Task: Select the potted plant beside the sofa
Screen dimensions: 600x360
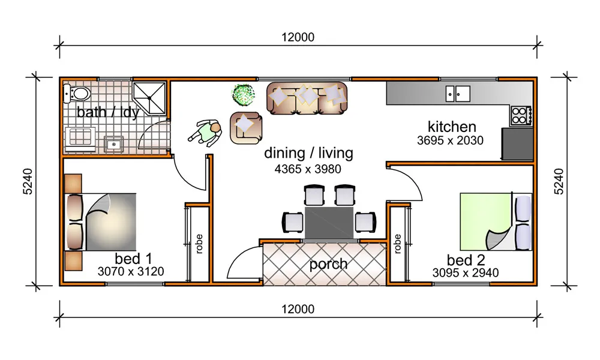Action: click(243, 94)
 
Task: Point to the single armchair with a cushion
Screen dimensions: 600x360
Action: click(245, 127)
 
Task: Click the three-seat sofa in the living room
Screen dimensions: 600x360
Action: click(307, 97)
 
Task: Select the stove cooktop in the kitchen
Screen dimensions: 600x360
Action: click(520, 115)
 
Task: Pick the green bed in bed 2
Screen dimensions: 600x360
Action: click(486, 221)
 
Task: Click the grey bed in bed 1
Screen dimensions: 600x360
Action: click(111, 221)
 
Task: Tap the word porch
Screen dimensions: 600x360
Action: click(328, 264)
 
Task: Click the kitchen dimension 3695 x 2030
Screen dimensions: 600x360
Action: click(450, 140)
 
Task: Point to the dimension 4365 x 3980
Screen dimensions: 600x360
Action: click(308, 169)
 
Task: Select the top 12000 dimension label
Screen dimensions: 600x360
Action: click(298, 37)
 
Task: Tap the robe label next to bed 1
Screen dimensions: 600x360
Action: click(198, 245)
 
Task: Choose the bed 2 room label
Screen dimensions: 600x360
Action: click(465, 260)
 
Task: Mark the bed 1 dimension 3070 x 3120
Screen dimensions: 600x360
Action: click(131, 272)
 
